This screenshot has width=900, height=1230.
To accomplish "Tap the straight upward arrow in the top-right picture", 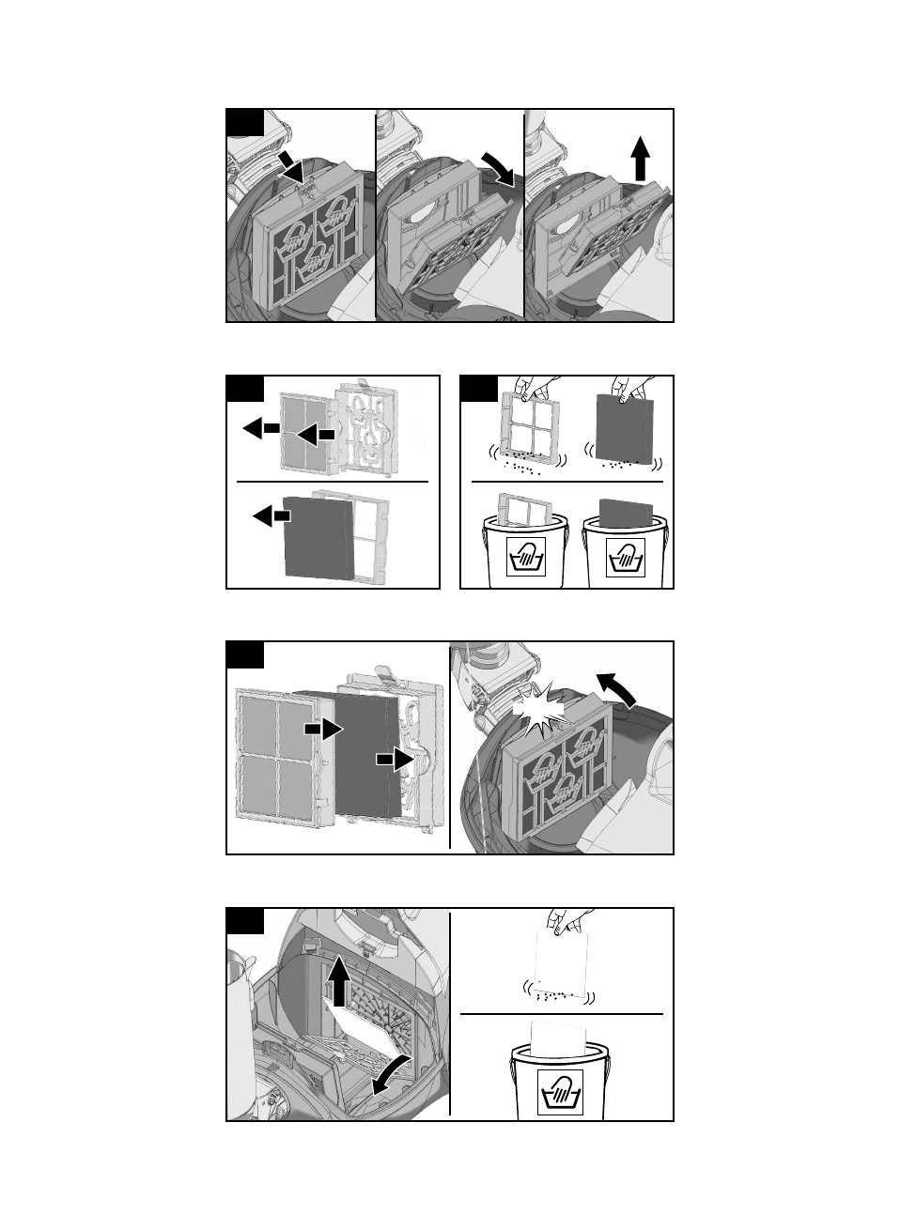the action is coord(640,158).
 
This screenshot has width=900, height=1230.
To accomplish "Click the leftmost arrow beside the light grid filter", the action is coord(260,428).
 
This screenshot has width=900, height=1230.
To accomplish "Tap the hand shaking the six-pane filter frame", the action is coord(526,388).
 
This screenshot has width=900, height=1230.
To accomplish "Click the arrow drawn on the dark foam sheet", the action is coord(322,728).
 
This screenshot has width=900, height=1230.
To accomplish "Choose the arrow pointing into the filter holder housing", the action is coord(395,760).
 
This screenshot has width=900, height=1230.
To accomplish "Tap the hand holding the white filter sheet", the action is coord(569,922).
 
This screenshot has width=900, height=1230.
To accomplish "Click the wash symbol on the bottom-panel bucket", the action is coord(560,1093).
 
